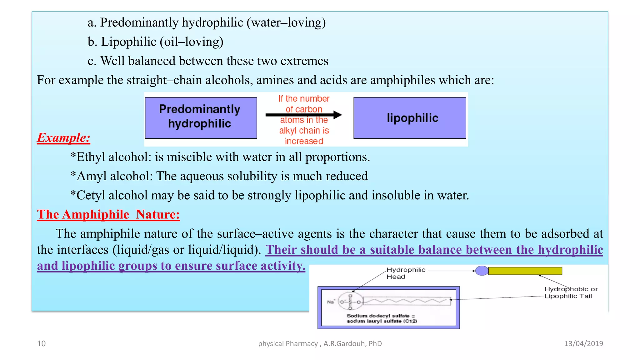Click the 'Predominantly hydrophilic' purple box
tap(201, 117)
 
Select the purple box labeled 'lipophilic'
tap(410, 117)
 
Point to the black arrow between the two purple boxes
tap(303, 115)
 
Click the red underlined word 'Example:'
tap(64, 138)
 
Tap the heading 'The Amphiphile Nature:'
tap(108, 215)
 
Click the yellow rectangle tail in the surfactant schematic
tap(525, 271)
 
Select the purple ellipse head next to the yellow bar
tap(482, 271)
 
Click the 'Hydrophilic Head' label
tap(406, 273)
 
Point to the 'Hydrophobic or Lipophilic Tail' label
tap(571, 292)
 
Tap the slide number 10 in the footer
tap(41, 344)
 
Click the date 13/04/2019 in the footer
tap(583, 344)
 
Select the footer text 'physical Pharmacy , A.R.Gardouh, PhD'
tap(320, 344)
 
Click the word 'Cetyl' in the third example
tap(91, 196)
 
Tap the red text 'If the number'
tap(304, 99)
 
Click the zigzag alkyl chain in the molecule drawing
tap(406, 301)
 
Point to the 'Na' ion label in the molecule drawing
tap(331, 302)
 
